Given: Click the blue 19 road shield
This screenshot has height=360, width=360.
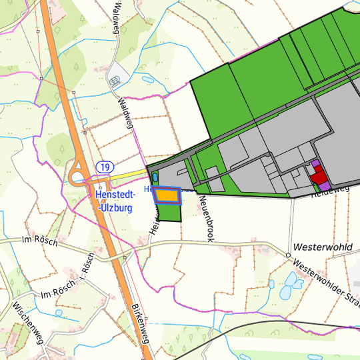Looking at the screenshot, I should (x=103, y=166).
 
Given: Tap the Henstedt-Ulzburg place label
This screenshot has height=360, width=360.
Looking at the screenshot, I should (x=114, y=201).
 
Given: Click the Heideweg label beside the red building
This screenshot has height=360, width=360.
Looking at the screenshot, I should (x=331, y=191).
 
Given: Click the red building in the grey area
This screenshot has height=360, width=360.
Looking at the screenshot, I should (x=319, y=177).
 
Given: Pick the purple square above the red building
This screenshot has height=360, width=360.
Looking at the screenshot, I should (x=315, y=163).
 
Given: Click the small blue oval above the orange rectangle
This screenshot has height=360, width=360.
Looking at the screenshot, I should (x=155, y=177).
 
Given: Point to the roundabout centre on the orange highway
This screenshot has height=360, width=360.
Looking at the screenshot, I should (x=78, y=178).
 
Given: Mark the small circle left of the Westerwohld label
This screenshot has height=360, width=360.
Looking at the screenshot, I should (x=288, y=255).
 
